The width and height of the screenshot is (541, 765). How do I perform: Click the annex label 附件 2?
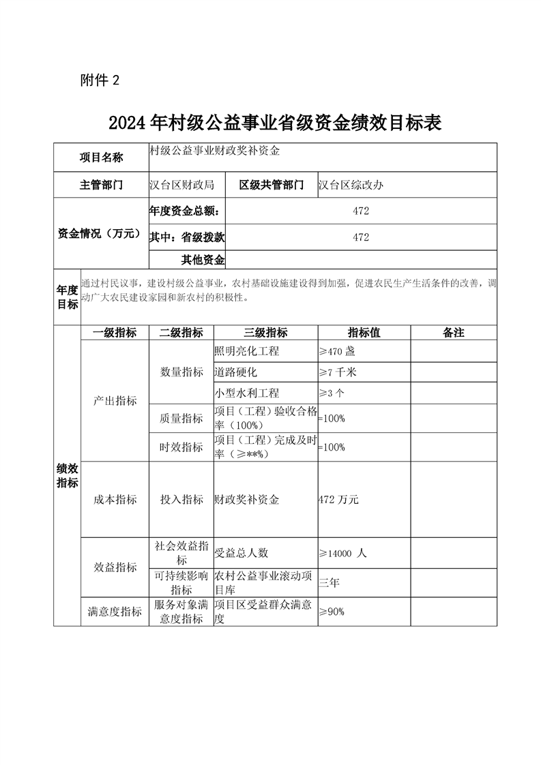click(100, 80)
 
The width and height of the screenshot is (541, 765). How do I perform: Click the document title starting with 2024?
click(276, 123)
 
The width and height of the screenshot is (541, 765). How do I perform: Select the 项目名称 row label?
click(101, 158)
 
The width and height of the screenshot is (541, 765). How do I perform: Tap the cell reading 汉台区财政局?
click(182, 185)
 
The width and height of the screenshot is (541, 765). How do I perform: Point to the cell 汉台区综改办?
click(351, 185)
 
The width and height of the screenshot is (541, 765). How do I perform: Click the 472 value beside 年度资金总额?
click(361, 211)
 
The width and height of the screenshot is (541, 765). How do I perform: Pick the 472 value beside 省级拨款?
click(361, 237)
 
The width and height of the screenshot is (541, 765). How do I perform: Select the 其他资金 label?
click(203, 259)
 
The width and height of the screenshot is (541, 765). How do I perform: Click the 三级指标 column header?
click(265, 333)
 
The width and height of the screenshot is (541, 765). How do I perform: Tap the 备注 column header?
click(453, 333)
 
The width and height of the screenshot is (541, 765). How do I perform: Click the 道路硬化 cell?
click(236, 372)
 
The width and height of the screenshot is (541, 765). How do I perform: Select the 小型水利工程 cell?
click(246, 393)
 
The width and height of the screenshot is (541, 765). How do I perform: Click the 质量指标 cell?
click(181, 419)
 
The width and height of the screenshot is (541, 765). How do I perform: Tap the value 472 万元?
click(338, 500)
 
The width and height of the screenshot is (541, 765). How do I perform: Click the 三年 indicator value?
click(329, 582)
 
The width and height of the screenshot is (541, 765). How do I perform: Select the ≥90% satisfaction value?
click(332, 612)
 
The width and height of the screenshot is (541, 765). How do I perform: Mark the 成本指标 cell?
click(115, 500)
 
